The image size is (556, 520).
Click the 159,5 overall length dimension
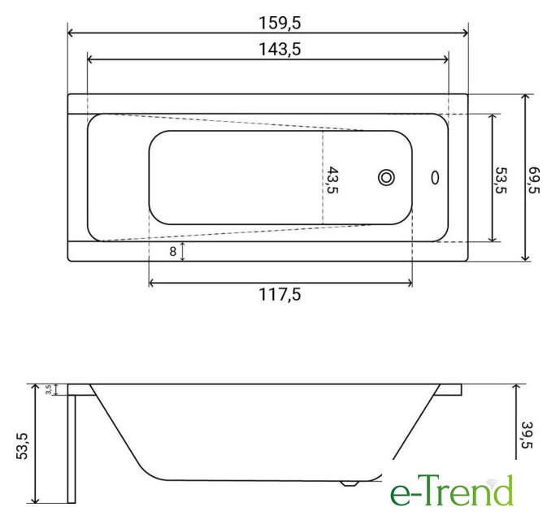[280, 23]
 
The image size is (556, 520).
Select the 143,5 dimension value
[280, 49]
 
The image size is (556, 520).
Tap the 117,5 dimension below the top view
[280, 294]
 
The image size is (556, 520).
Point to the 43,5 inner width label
[332, 180]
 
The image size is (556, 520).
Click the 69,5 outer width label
[534, 180]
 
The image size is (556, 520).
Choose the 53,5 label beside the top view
[501, 180]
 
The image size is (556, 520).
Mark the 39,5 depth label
[528, 435]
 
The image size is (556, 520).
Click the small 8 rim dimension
[172, 252]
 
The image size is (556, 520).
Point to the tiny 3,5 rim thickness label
[49, 390]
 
